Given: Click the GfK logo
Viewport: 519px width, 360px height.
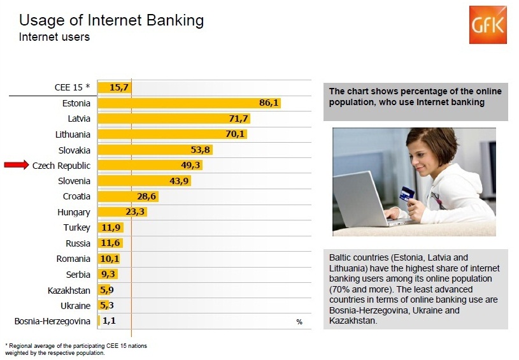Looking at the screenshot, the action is [x=488, y=25].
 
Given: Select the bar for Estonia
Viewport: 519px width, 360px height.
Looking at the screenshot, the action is [x=189, y=103].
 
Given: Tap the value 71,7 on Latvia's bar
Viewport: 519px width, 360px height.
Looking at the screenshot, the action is [x=238, y=119].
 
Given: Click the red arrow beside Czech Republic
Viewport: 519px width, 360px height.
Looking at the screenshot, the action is [x=17, y=164].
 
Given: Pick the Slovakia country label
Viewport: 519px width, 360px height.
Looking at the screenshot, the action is [x=74, y=150].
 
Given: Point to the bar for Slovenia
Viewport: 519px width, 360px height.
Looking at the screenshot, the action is [x=145, y=181].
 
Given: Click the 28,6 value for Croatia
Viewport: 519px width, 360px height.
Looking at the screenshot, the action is [x=146, y=196].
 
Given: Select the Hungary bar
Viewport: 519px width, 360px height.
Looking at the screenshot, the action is [x=122, y=212].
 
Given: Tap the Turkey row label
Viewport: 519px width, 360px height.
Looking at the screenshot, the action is [x=77, y=227].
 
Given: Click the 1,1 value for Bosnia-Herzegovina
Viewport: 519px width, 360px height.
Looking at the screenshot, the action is [x=110, y=320].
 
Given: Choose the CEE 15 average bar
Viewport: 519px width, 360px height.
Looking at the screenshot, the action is [x=115, y=87].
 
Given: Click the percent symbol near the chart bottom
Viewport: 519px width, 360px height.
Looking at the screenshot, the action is [x=299, y=322].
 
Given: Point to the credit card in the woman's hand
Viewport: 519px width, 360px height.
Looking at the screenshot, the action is [x=407, y=194].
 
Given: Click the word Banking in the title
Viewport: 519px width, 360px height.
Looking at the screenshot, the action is [x=175, y=20].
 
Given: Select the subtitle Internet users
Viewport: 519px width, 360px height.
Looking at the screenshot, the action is [x=54, y=37].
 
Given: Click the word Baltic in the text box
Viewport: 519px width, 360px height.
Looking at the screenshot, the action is [x=339, y=257].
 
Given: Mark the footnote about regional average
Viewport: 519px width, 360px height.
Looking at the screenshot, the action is [x=76, y=349].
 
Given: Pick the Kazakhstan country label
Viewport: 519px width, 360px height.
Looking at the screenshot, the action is [x=69, y=291].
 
